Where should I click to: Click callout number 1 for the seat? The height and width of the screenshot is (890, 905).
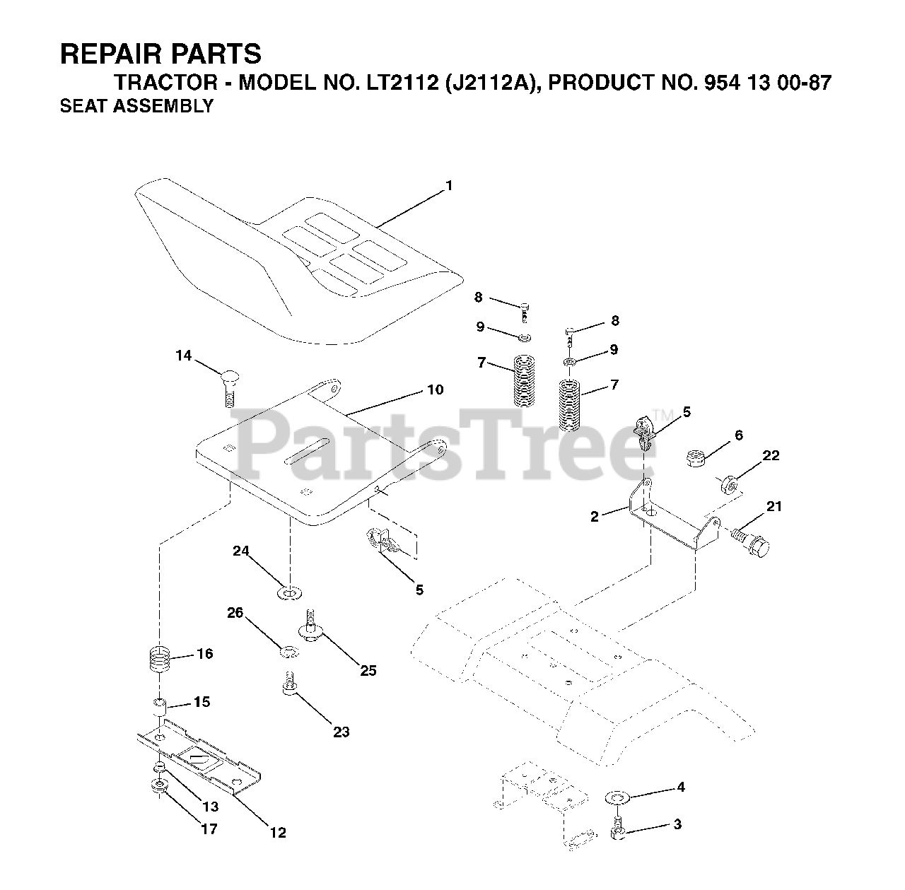click(x=448, y=186)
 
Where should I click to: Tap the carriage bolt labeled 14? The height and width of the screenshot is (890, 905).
click(x=228, y=385)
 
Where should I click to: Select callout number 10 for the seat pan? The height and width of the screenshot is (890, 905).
click(x=435, y=390)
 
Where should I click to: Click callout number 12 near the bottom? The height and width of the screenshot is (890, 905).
click(x=279, y=833)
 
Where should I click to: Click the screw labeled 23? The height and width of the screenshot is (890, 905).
click(x=288, y=686)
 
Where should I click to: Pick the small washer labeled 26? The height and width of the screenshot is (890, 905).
click(x=288, y=650)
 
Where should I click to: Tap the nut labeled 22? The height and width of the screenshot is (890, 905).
click(x=728, y=484)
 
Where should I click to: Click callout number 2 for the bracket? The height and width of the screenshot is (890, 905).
click(x=595, y=517)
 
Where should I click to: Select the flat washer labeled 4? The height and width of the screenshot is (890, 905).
click(x=618, y=798)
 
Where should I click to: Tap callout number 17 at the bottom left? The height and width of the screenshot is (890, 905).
click(x=209, y=829)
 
